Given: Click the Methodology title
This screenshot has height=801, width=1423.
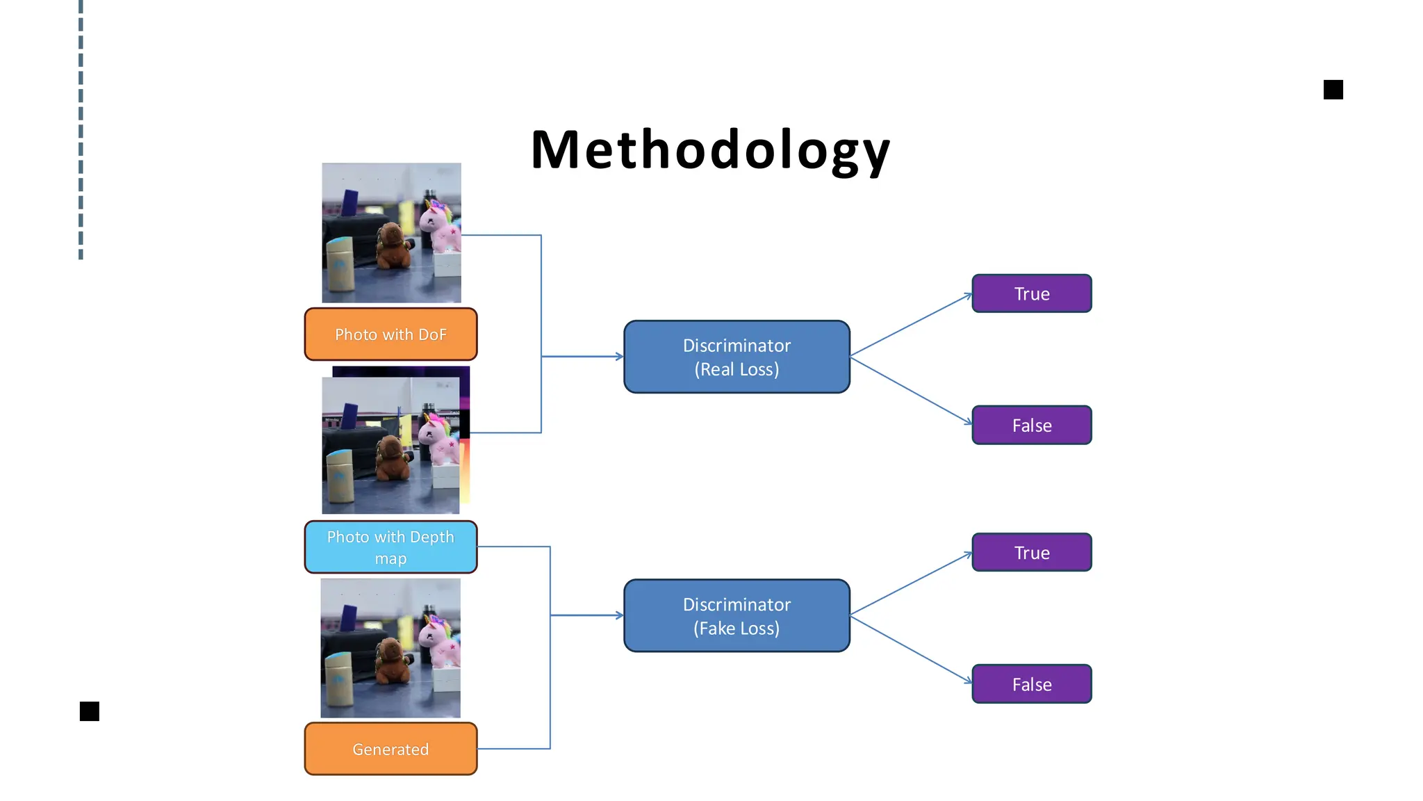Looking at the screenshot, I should tap(710, 150).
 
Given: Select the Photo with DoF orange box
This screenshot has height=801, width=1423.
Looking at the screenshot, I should tap(390, 334).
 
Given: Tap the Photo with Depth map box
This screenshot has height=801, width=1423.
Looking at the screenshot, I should tap(390, 547).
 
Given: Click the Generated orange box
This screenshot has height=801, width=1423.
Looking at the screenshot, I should tap(390, 749).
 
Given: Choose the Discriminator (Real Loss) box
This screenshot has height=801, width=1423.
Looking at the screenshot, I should tap(737, 357).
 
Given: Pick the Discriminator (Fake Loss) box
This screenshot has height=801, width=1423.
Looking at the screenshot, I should tap(737, 616).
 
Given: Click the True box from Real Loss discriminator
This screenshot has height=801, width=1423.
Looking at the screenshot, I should tap(1031, 293).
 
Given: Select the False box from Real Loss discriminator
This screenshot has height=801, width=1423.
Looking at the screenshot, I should tap(1031, 425).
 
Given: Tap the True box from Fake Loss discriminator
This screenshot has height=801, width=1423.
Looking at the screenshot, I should tap(1031, 553).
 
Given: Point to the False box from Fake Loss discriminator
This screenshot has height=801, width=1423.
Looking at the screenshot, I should tap(1031, 684).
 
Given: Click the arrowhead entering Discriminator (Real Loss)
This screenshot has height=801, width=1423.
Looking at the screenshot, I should tap(620, 357).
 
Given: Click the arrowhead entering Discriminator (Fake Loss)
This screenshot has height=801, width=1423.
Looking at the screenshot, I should tap(620, 615).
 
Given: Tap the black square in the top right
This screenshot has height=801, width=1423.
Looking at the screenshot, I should tap(1333, 90).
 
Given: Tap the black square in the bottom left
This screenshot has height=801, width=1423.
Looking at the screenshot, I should tap(90, 711).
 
